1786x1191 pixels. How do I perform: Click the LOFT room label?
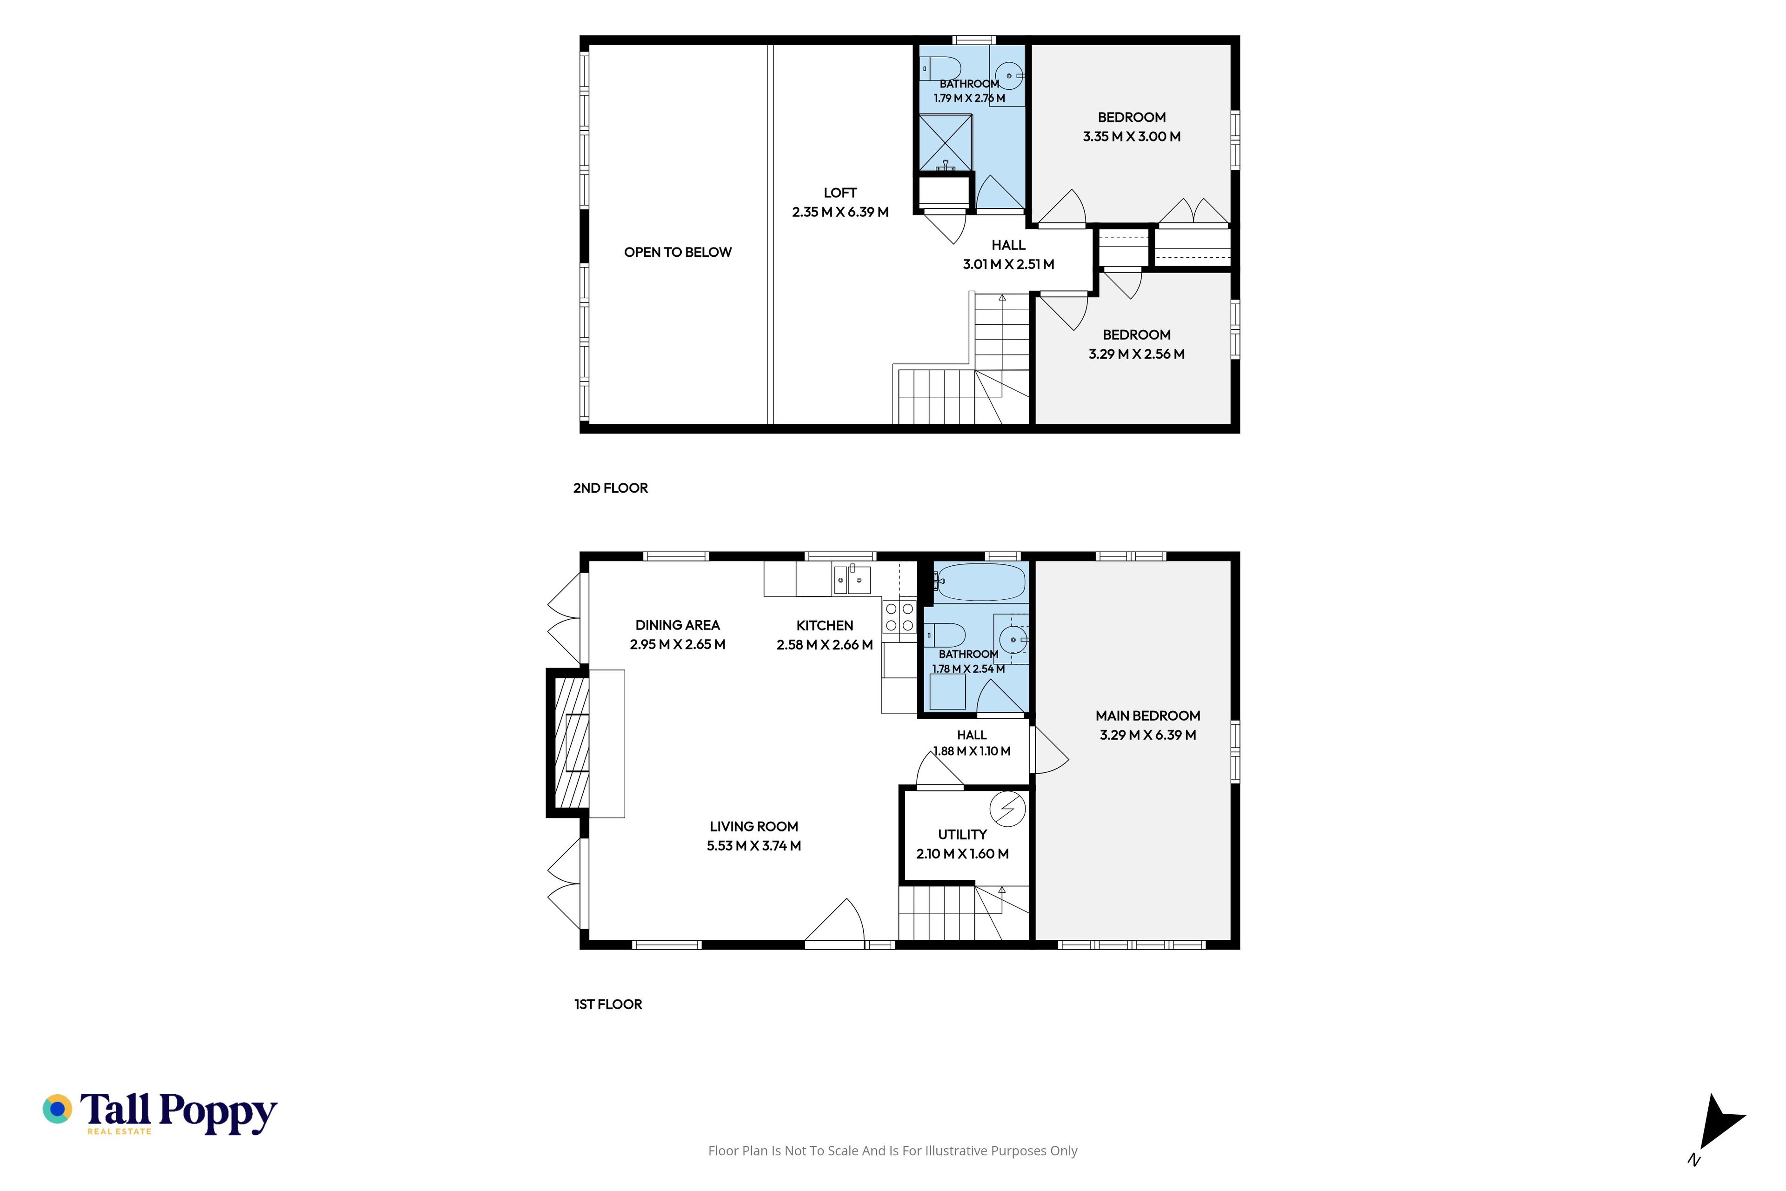840,193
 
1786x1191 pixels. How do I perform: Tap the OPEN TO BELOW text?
677,252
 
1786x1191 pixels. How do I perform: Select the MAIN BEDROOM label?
1147,716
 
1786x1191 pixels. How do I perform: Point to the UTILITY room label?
962,834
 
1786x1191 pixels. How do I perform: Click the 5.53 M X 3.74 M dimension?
753,845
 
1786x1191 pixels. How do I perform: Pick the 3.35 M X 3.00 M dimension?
1132,137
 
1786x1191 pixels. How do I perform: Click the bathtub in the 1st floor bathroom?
980,582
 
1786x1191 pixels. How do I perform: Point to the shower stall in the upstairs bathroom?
946,143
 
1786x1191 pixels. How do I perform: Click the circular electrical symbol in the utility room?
1008,808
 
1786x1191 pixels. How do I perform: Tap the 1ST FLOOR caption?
608,1004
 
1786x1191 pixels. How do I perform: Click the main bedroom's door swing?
1049,750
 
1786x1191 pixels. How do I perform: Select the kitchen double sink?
852,580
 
